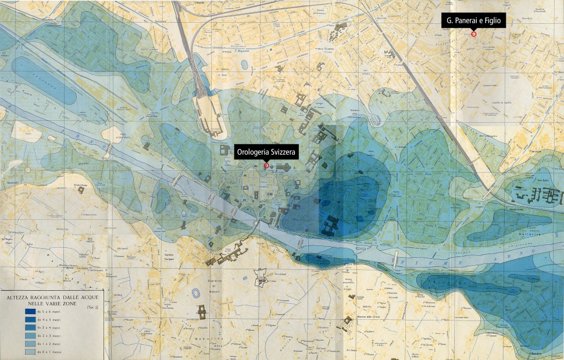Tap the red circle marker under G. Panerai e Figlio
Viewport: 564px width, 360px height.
tap(473, 34)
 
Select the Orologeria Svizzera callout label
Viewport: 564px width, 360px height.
tap(266, 153)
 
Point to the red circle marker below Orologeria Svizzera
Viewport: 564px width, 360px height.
tap(266, 166)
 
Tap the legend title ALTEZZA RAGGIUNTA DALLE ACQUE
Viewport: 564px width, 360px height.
tap(52, 297)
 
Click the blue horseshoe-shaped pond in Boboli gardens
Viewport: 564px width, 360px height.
tap(202, 311)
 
